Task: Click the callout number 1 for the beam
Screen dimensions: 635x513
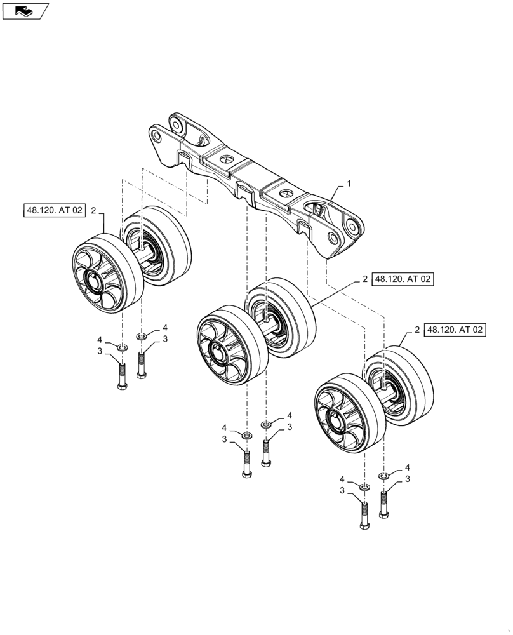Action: click(x=348, y=183)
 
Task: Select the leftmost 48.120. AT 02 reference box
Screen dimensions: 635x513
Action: click(x=55, y=210)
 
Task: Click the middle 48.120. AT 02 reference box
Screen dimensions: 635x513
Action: click(x=403, y=279)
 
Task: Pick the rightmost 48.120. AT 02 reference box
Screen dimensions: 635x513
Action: click(x=455, y=330)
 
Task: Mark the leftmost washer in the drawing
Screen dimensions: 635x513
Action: click(x=122, y=347)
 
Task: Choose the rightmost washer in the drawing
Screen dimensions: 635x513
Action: click(x=383, y=476)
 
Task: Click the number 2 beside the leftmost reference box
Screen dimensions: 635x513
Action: click(x=94, y=210)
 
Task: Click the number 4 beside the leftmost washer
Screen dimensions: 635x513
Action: click(x=100, y=339)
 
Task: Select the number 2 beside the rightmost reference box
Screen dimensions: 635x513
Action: click(x=416, y=330)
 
